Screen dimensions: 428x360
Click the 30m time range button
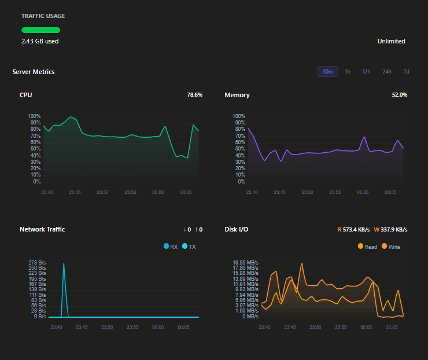click(x=328, y=72)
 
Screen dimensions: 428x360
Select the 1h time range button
click(x=348, y=72)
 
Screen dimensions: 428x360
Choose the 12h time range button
click(x=366, y=72)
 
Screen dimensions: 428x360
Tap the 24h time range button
click(x=387, y=72)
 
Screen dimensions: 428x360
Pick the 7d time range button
click(x=406, y=72)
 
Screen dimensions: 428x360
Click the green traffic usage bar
click(x=40, y=30)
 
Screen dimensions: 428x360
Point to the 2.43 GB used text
click(x=40, y=41)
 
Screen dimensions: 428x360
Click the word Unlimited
click(x=391, y=41)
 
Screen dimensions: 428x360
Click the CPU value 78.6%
click(x=194, y=95)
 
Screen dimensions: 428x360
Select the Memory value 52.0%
click(x=400, y=95)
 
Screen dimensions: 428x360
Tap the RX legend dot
click(x=166, y=246)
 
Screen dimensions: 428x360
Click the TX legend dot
click(x=185, y=246)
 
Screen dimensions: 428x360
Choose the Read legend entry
click(x=367, y=247)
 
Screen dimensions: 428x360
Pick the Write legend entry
click(x=391, y=247)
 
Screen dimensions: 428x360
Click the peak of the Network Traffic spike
click(x=64, y=264)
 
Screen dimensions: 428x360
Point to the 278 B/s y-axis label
click(x=37, y=263)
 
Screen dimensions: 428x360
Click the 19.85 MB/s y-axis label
click(x=245, y=263)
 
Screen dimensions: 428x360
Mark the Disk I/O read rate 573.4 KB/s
click(x=354, y=229)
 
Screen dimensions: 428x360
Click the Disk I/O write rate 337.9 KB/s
click(x=390, y=229)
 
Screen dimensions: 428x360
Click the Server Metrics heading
click(x=34, y=72)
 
